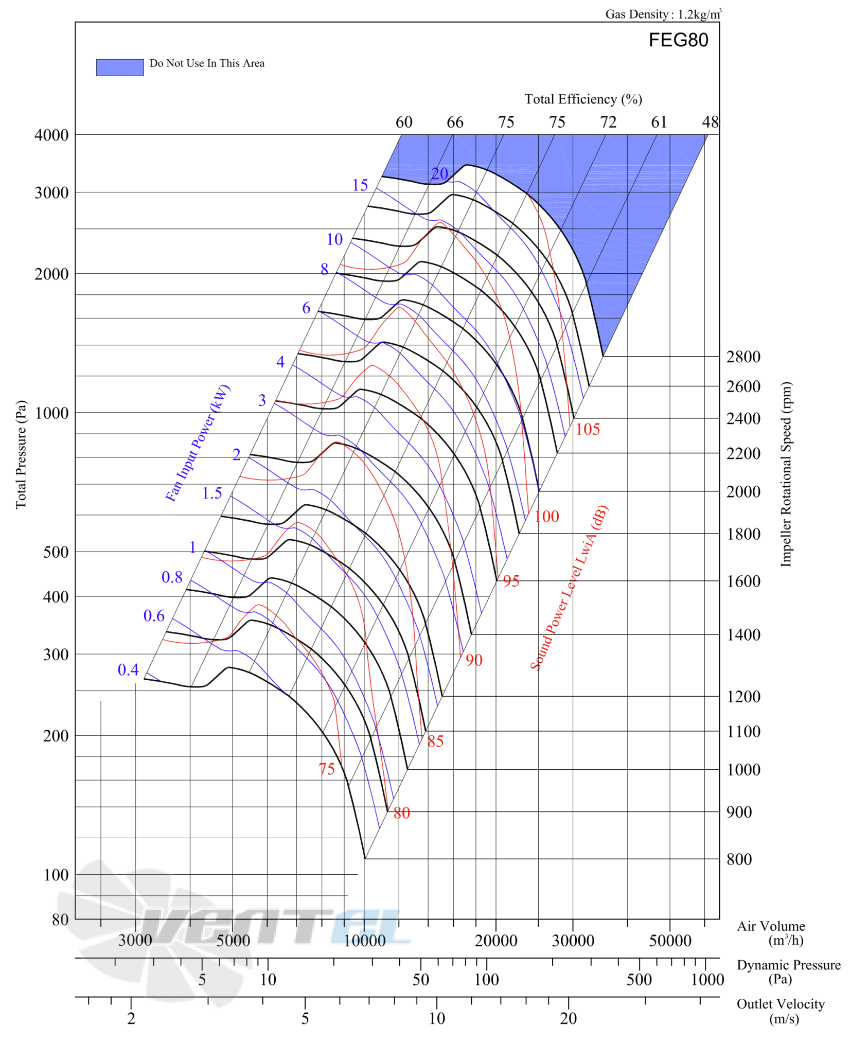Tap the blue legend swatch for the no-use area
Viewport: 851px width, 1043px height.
pyautogui.click(x=119, y=67)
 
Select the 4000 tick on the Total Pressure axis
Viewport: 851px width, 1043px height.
pyautogui.click(x=51, y=135)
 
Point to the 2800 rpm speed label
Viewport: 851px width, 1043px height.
pyautogui.click(x=743, y=356)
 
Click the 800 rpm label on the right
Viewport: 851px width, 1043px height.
pyautogui.click(x=739, y=859)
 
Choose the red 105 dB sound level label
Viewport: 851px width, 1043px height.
pyautogui.click(x=587, y=429)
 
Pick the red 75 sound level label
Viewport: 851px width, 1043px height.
pyautogui.click(x=327, y=769)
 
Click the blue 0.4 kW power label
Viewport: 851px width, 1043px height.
pyautogui.click(x=128, y=669)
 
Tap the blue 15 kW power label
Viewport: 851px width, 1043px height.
pyautogui.click(x=360, y=185)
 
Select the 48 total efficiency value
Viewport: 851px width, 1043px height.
pyautogui.click(x=711, y=122)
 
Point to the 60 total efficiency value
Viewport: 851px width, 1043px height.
pyautogui.click(x=404, y=122)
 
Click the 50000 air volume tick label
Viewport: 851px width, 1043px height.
pyautogui.click(x=670, y=941)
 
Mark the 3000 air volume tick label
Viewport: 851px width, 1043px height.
pyautogui.click(x=135, y=941)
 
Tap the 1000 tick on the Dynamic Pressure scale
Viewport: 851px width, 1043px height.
pyautogui.click(x=707, y=980)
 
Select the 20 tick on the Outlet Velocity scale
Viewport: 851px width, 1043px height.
pyautogui.click(x=569, y=1019)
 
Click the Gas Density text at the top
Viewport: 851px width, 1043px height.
pyautogui.click(x=663, y=14)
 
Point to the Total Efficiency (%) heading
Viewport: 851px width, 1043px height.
pyautogui.click(x=583, y=99)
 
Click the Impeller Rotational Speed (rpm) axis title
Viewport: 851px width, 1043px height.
pyautogui.click(x=786, y=474)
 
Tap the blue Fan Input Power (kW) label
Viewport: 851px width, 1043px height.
pyautogui.click(x=198, y=443)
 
